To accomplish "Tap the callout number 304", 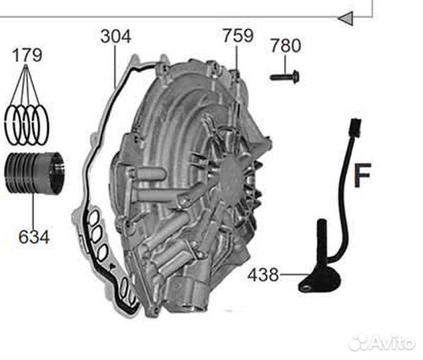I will click(x=115, y=36).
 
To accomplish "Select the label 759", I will click(x=238, y=36).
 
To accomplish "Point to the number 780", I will click(x=285, y=47).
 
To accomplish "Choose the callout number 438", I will click(x=262, y=276).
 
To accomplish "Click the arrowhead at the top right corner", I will click(x=344, y=19).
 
